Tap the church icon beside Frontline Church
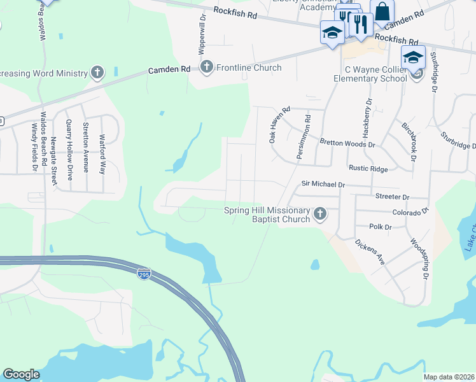click(x=207, y=66)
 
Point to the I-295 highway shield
click(x=145, y=273)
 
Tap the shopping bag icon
click(x=382, y=11)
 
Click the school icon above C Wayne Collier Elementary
click(x=413, y=57)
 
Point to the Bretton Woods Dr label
click(x=347, y=144)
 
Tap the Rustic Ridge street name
click(x=368, y=169)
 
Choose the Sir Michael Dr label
click(x=323, y=185)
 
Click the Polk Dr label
click(x=379, y=227)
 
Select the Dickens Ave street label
click(x=370, y=252)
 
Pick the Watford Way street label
click(x=101, y=153)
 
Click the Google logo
click(x=21, y=374)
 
